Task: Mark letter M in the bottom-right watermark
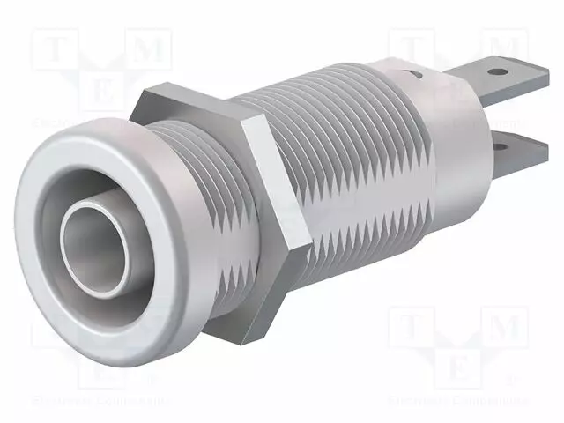click(505, 329)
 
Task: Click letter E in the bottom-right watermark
click(458, 368)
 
